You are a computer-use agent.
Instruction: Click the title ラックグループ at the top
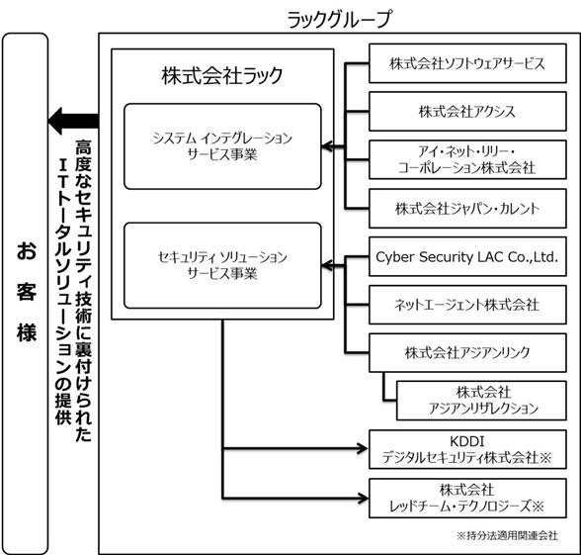339,19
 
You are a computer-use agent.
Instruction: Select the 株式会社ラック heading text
222,75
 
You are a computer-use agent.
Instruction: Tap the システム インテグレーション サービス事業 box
222,146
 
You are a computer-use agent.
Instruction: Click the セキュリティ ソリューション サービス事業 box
222,265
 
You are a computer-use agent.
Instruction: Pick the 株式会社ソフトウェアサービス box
467,63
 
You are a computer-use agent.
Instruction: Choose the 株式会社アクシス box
467,112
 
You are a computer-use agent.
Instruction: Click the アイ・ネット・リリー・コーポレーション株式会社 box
467,160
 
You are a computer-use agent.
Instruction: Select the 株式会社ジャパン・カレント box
467,209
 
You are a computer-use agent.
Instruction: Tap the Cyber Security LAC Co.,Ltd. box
467,257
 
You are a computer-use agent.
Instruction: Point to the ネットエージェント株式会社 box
467,305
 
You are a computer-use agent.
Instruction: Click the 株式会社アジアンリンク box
467,353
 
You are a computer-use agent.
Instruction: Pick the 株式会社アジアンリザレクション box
481,401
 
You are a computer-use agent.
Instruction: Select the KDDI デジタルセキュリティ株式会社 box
467,449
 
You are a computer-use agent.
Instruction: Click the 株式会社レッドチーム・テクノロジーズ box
467,499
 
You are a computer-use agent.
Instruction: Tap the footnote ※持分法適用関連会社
507,535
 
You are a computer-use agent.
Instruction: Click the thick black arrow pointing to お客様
73,121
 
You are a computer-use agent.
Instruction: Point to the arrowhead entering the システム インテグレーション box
327,146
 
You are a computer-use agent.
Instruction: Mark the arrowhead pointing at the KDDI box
362,448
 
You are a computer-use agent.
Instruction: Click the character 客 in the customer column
27,291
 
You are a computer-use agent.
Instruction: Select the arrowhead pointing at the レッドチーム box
362,498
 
